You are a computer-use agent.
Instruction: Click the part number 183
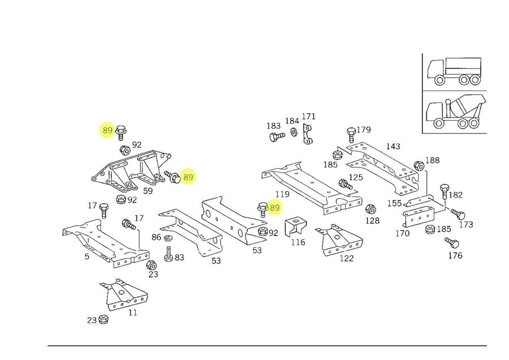[274, 125]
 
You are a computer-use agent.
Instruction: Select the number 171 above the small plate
[308, 117]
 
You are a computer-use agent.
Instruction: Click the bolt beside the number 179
[351, 134]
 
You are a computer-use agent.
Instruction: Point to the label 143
[392, 146]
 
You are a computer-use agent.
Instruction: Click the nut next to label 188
[419, 166]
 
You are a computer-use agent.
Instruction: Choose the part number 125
[355, 178]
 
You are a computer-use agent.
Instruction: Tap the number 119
[274, 194]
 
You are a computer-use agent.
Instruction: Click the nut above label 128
[371, 209]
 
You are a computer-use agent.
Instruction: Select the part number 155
[394, 203]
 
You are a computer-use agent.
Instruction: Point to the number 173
[466, 225]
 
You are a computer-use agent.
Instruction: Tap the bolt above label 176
[451, 243]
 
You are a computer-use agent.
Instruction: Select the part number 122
[346, 258]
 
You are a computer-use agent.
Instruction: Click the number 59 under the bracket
[148, 191]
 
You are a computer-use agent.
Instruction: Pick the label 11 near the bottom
[133, 312]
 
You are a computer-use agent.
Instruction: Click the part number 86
[156, 237]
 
